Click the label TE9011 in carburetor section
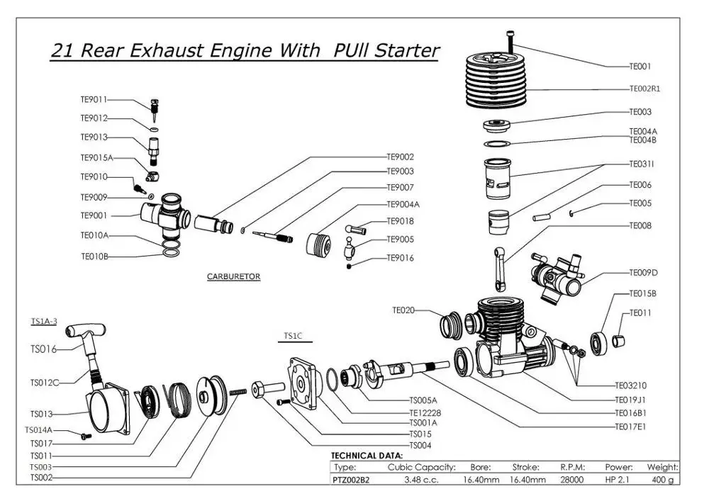coord(94,100)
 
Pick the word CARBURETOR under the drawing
coord(233,276)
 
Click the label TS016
coord(43,349)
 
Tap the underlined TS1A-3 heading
coord(43,321)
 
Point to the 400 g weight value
coord(662,480)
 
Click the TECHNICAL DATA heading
coord(367,456)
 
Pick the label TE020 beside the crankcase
coord(403,310)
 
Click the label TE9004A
coord(403,204)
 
